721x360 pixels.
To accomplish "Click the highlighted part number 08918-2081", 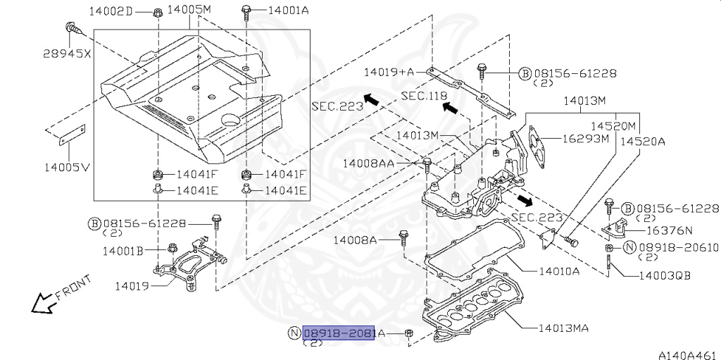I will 339,333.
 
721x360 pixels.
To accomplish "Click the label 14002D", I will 110,11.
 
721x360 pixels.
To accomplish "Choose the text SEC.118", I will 425,95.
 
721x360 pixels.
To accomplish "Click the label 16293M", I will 585,139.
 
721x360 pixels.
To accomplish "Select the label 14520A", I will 641,141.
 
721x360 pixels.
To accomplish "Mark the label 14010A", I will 558,271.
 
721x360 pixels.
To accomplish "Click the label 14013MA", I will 563,328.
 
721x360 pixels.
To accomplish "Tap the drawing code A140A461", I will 686,354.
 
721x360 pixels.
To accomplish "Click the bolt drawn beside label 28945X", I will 72,28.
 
